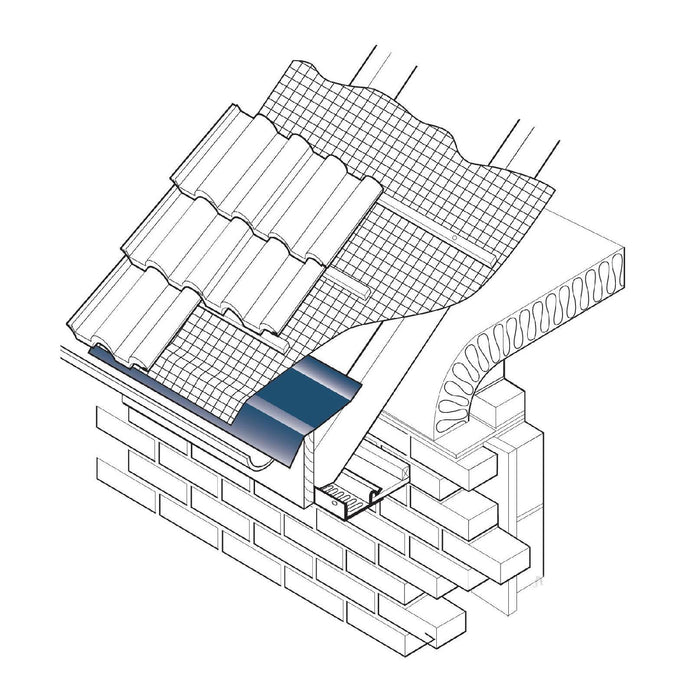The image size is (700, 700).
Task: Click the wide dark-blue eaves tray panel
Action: click(x=300, y=400)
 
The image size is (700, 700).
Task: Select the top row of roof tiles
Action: click(x=270, y=180)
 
